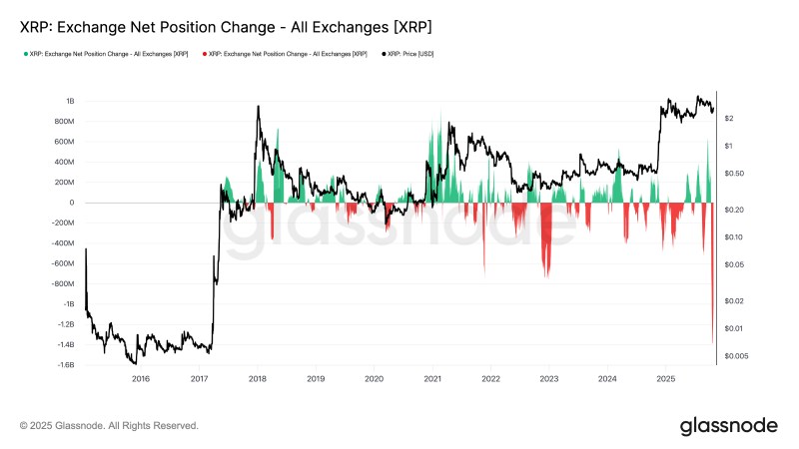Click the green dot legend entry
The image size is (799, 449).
pyautogui.click(x=105, y=54)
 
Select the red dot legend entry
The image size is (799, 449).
pyautogui.click(x=284, y=54)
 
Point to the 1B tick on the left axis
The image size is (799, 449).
pyautogui.click(x=70, y=101)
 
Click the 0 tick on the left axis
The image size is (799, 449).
pyautogui.click(x=72, y=203)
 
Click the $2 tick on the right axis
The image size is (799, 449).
pyautogui.click(x=729, y=119)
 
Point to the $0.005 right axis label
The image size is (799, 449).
pyautogui.click(x=736, y=356)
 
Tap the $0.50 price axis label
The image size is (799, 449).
pyautogui.click(x=734, y=174)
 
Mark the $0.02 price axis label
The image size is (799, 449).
pyautogui.click(x=734, y=301)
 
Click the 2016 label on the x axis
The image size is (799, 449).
pyautogui.click(x=141, y=379)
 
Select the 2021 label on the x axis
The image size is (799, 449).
pyautogui.click(x=432, y=379)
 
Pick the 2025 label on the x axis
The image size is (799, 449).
pyautogui.click(x=666, y=379)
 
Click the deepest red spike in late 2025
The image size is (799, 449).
pyautogui.click(x=712, y=339)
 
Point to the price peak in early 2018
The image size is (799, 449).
pyautogui.click(x=259, y=107)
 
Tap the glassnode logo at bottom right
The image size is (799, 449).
pyautogui.click(x=728, y=426)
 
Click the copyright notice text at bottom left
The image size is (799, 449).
pyautogui.click(x=109, y=426)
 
